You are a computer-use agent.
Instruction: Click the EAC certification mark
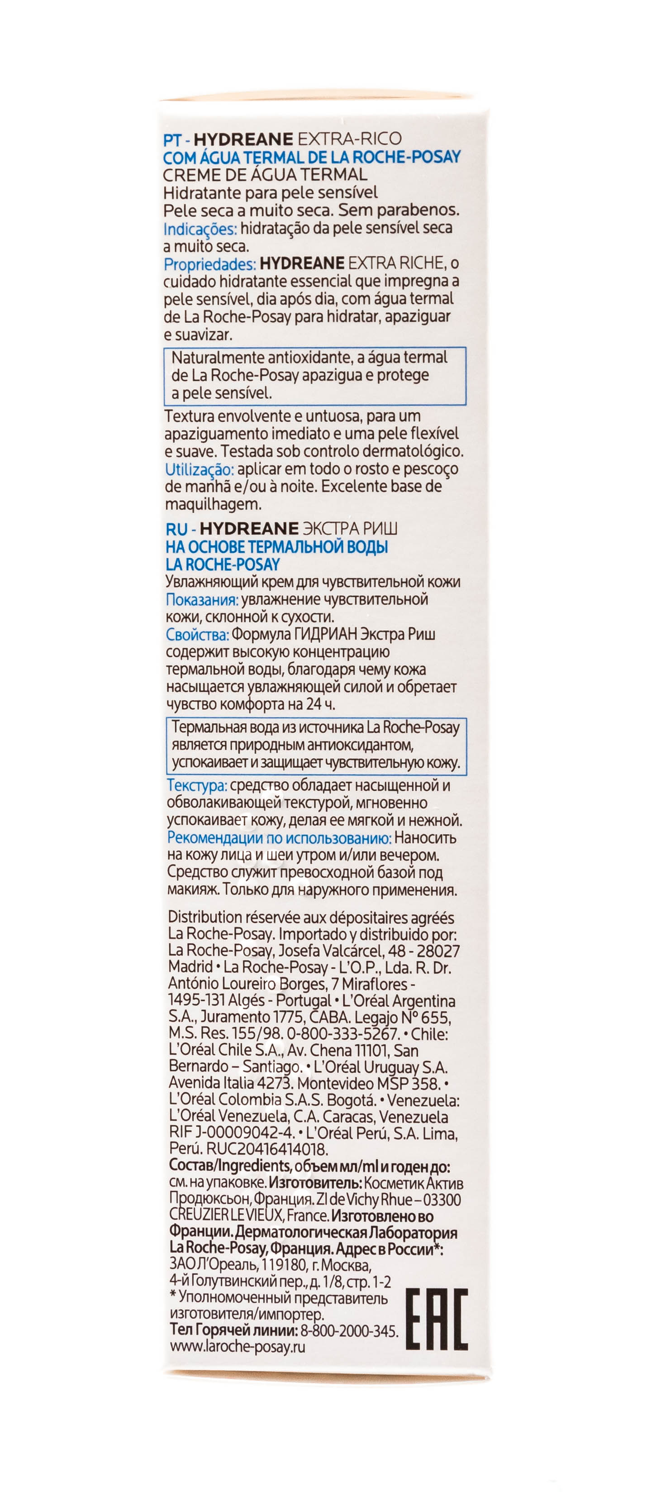pyautogui.click(x=436, y=1320)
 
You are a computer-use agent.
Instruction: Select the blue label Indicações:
pyautogui.click(x=200, y=229)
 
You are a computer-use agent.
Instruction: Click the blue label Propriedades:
pyautogui.click(x=209, y=264)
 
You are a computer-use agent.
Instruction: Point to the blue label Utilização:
pyautogui.click(x=199, y=469)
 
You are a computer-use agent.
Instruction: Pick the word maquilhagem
pyautogui.click(x=213, y=504)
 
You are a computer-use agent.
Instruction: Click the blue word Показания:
pyautogui.click(x=201, y=599)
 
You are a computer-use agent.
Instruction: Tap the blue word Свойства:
pyautogui.click(x=197, y=635)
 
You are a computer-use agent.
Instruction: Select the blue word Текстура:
pyautogui.click(x=197, y=786)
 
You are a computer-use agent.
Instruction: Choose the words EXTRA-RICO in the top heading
pyautogui.click(x=349, y=139)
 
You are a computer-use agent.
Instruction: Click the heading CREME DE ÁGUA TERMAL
pyautogui.click(x=265, y=175)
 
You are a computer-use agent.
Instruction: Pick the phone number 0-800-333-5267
pyautogui.click(x=342, y=1034)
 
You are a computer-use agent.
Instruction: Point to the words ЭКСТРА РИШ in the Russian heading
pyautogui.click(x=350, y=529)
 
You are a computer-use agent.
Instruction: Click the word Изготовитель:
pyautogui.click(x=315, y=1183)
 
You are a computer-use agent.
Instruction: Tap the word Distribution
pyautogui.click(x=204, y=918)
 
